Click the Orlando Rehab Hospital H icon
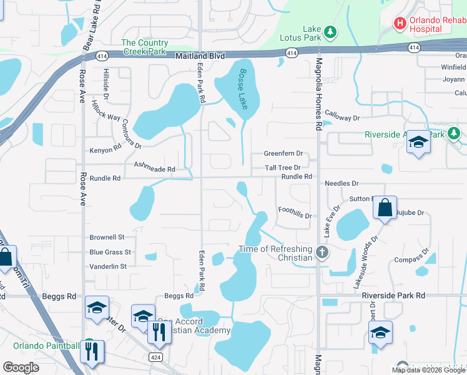400,23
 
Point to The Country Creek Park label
144,47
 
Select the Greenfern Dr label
283,154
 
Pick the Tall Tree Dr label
282,167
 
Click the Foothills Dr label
295,212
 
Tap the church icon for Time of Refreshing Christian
322,253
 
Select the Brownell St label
107,237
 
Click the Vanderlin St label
108,266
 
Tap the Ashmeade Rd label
154,166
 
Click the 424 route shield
156,356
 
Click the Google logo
21,367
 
